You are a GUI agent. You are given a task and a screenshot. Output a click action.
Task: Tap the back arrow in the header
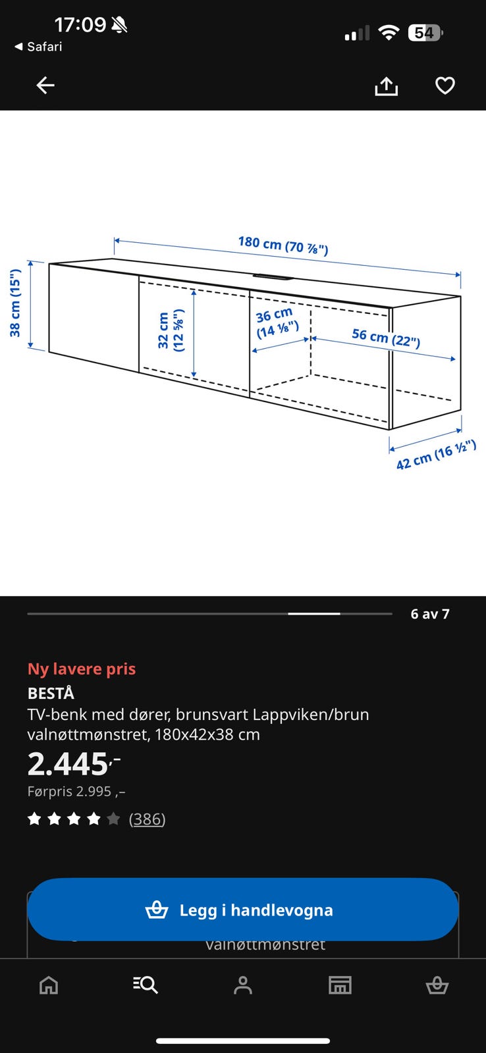pyautogui.click(x=45, y=86)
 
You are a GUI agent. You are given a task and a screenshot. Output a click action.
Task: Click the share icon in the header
pyautogui.click(x=387, y=86)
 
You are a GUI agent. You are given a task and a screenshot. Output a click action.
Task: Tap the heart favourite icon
pyautogui.click(x=445, y=86)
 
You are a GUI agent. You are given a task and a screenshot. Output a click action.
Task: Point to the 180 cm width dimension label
pyautogui.click(x=283, y=245)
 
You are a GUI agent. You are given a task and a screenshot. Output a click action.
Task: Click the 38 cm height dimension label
pyautogui.click(x=15, y=303)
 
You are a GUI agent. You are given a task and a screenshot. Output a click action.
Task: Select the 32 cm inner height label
pyautogui.click(x=171, y=330)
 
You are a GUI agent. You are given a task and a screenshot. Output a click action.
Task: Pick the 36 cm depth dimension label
pyautogui.click(x=277, y=323)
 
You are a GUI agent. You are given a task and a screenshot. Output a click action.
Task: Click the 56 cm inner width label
pyautogui.click(x=386, y=338)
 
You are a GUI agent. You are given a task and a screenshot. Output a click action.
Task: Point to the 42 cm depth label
pyautogui.click(x=436, y=455)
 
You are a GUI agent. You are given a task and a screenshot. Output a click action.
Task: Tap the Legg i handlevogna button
pyautogui.click(x=243, y=909)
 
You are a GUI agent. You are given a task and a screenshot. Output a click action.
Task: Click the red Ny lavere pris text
pyautogui.click(x=82, y=669)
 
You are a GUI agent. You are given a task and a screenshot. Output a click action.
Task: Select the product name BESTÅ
pyautogui.click(x=51, y=694)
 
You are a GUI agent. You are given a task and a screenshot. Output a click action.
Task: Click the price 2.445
pyautogui.click(x=74, y=764)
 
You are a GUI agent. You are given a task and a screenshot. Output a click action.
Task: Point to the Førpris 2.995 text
pyautogui.click(x=76, y=792)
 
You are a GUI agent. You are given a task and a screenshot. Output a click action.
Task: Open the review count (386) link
pyautogui.click(x=148, y=819)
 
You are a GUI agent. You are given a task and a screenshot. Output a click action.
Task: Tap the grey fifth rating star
pyautogui.click(x=113, y=819)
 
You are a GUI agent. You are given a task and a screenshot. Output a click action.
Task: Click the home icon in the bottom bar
pyautogui.click(x=49, y=985)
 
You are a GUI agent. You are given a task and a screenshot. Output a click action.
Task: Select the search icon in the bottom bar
pyautogui.click(x=146, y=985)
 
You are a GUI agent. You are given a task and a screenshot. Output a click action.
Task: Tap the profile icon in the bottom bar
pyautogui.click(x=243, y=985)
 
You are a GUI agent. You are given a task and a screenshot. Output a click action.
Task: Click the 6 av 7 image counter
pyautogui.click(x=430, y=614)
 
